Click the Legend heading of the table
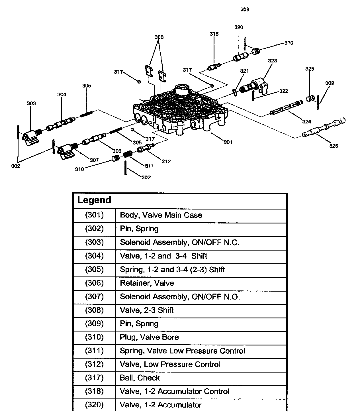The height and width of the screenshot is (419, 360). pyautogui.click(x=94, y=200)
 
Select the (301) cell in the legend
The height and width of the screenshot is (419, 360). pyautogui.click(x=94, y=215)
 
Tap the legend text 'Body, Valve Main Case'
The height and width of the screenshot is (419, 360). pyautogui.click(x=161, y=215)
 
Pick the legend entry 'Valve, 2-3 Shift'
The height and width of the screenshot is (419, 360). pyautogui.click(x=147, y=310)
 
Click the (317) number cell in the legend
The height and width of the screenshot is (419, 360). pyautogui.click(x=94, y=378)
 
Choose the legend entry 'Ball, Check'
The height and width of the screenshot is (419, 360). pyautogui.click(x=140, y=378)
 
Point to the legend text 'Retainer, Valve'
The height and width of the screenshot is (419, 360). pyautogui.click(x=147, y=283)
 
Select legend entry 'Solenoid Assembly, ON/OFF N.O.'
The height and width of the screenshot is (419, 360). pyautogui.click(x=180, y=297)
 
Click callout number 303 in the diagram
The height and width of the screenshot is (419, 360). pyautogui.click(x=31, y=103)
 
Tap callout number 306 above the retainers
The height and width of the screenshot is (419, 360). pyautogui.click(x=159, y=37)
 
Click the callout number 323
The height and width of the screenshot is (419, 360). pyautogui.click(x=273, y=61)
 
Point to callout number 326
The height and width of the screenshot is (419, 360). pyautogui.click(x=334, y=146)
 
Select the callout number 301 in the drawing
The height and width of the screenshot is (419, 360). pyautogui.click(x=228, y=142)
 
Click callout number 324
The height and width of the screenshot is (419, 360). pyautogui.click(x=306, y=122)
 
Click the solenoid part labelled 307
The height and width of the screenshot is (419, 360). pyautogui.click(x=66, y=150)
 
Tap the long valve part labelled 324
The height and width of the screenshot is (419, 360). pyautogui.click(x=286, y=108)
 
